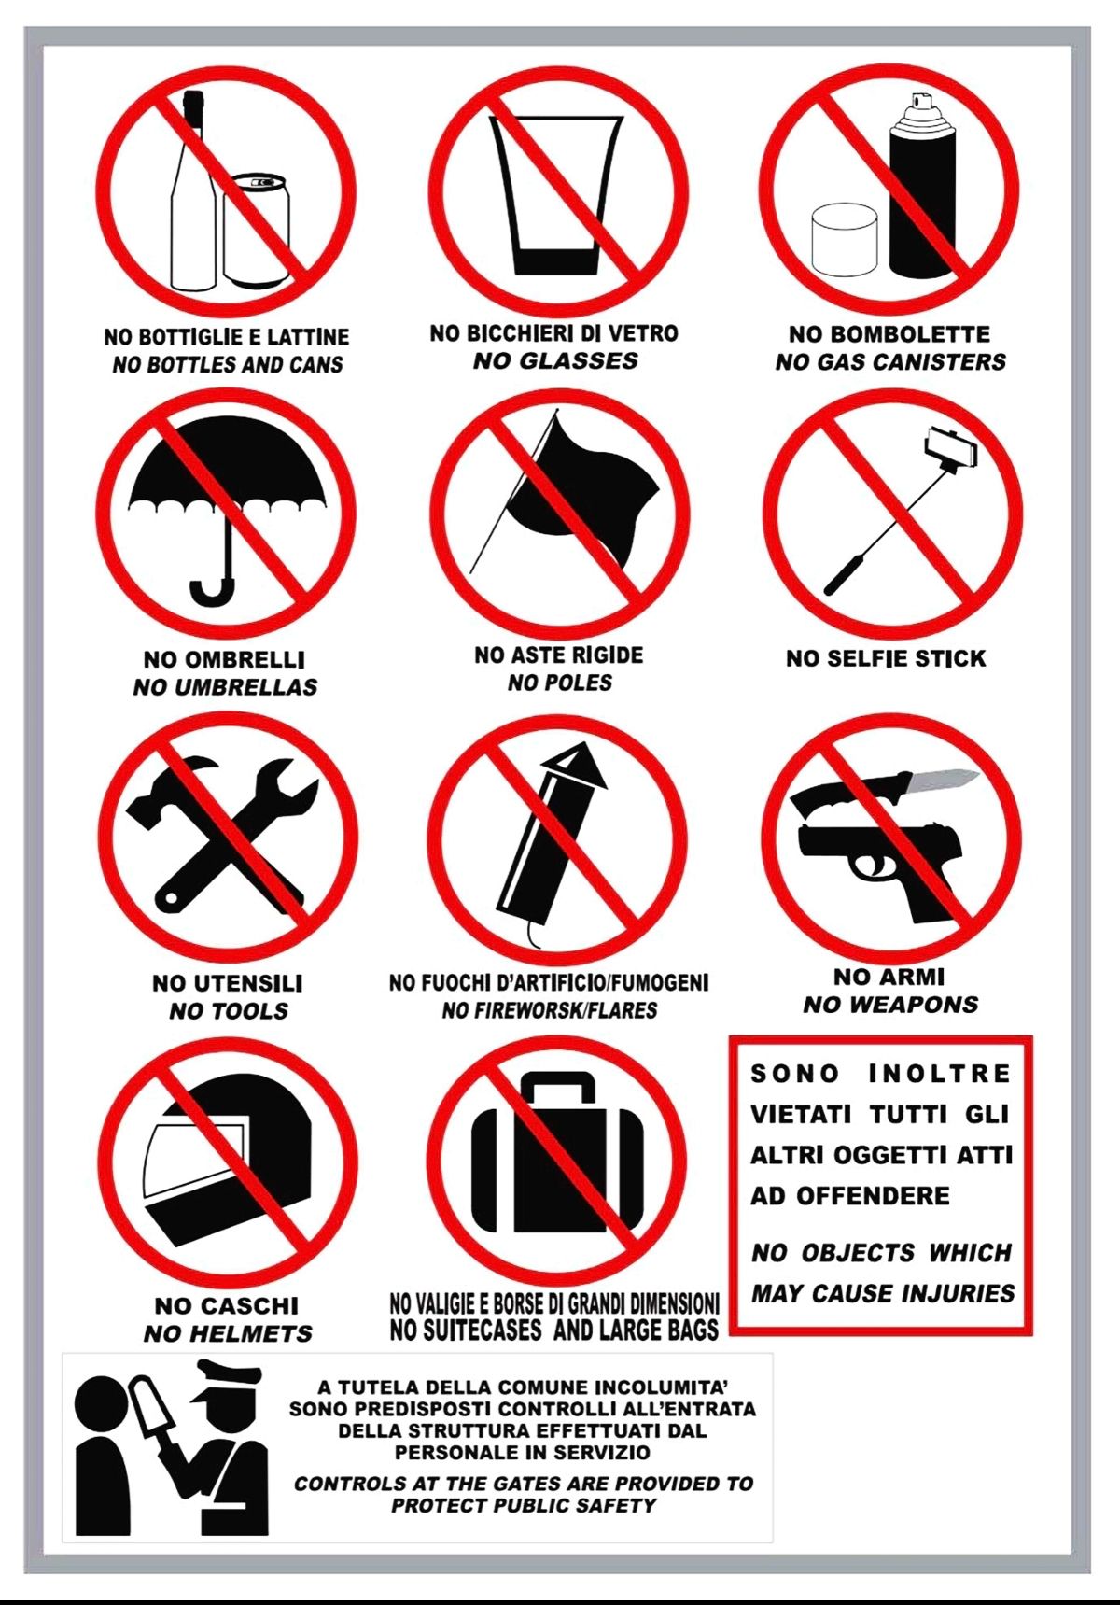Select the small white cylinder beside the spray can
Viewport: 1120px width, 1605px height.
(845, 239)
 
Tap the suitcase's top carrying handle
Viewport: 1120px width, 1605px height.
(557, 1086)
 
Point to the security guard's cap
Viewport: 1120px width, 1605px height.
(227, 1380)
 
